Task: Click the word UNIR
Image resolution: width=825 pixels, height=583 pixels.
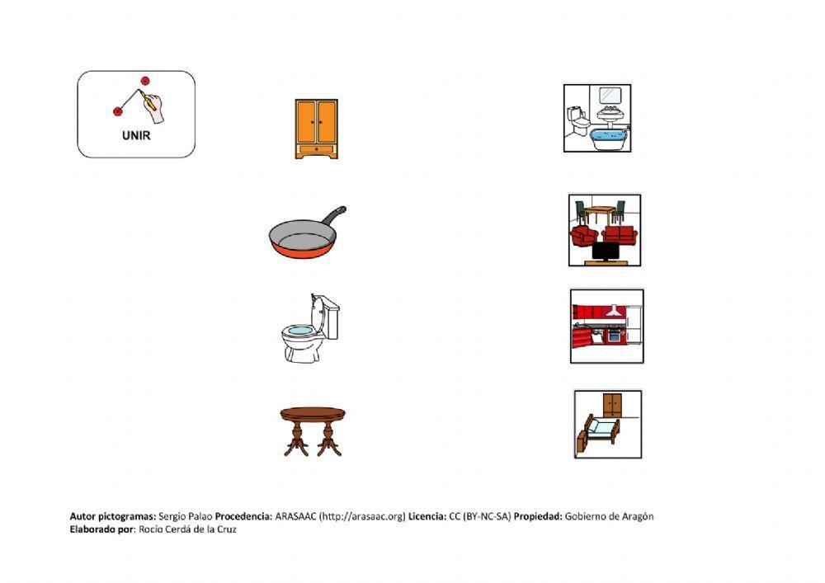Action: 136,135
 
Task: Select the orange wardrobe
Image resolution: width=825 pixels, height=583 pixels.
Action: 316,129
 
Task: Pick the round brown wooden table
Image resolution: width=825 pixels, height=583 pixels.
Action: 313,431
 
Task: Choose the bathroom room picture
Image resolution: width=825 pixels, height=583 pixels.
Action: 597,118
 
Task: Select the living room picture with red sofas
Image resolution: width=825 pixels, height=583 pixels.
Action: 605,230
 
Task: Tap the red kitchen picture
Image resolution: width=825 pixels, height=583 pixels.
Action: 606,326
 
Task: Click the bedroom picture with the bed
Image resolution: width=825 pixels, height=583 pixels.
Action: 608,424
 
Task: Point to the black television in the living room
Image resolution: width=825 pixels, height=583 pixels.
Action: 610,252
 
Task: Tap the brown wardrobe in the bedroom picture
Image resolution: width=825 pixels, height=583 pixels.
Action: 612,406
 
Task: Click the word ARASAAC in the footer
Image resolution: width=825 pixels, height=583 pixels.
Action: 295,516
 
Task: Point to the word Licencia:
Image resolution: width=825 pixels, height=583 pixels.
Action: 427,516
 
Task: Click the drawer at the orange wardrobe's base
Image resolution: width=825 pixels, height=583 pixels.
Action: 316,149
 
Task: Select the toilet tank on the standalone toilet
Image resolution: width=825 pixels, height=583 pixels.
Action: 331,317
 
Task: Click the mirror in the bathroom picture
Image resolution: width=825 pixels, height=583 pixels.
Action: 610,95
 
